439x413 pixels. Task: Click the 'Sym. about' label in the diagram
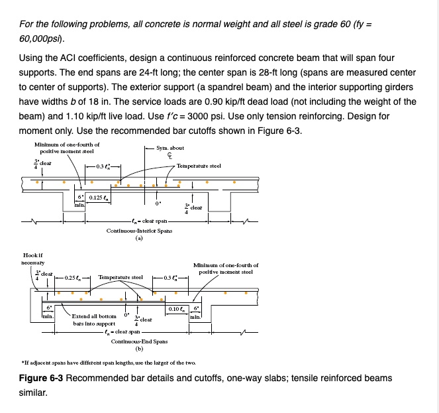click(x=169, y=148)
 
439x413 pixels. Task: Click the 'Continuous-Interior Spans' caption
click(x=140, y=231)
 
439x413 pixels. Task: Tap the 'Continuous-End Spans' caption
click(x=139, y=341)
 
